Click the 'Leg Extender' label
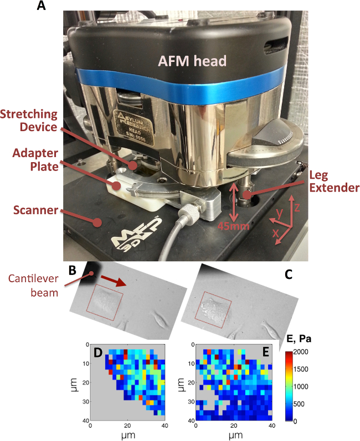pos(334,180)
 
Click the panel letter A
pos(41,7)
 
